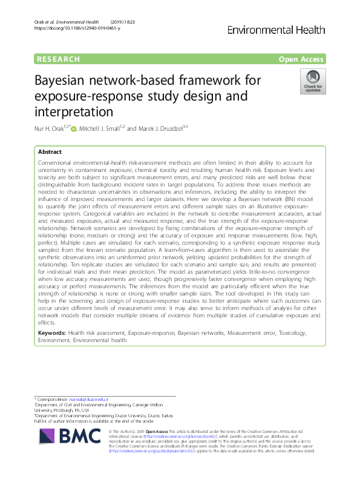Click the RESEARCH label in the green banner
coord(58,59)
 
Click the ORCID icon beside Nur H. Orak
coord(73,127)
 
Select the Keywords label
coord(51,333)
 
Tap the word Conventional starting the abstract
coord(58,164)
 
